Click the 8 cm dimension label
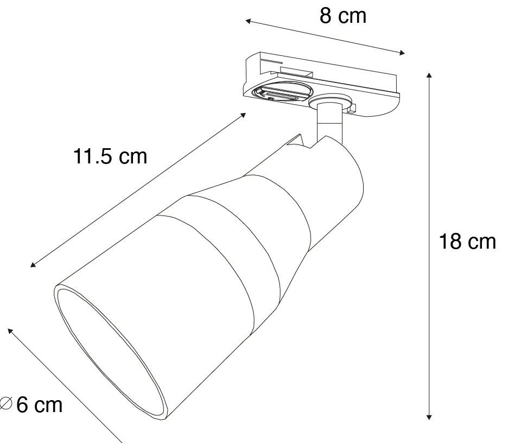tap(343, 16)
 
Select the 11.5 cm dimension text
tap(110, 157)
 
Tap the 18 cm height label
tap(467, 242)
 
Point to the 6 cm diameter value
tap(40, 404)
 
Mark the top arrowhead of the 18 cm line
tap(429, 75)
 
